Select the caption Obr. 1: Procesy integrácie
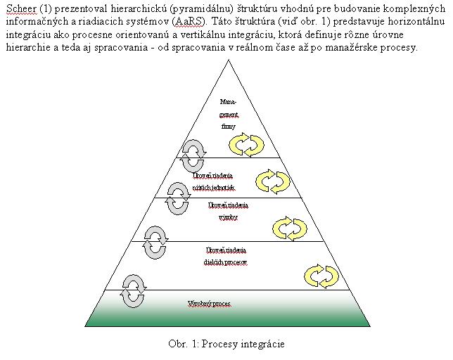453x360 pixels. [x=226, y=344]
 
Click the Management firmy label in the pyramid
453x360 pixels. [x=229, y=115]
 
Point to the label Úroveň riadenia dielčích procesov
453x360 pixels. [x=226, y=256]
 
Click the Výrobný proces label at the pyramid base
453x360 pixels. [x=209, y=304]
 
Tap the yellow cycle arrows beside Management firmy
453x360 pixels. [x=247, y=144]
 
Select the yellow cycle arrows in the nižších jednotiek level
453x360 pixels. [x=272, y=181]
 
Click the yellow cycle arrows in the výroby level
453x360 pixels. [x=289, y=229]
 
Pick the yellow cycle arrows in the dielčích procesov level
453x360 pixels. [x=321, y=274]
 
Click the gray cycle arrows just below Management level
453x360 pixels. [x=192, y=150]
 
